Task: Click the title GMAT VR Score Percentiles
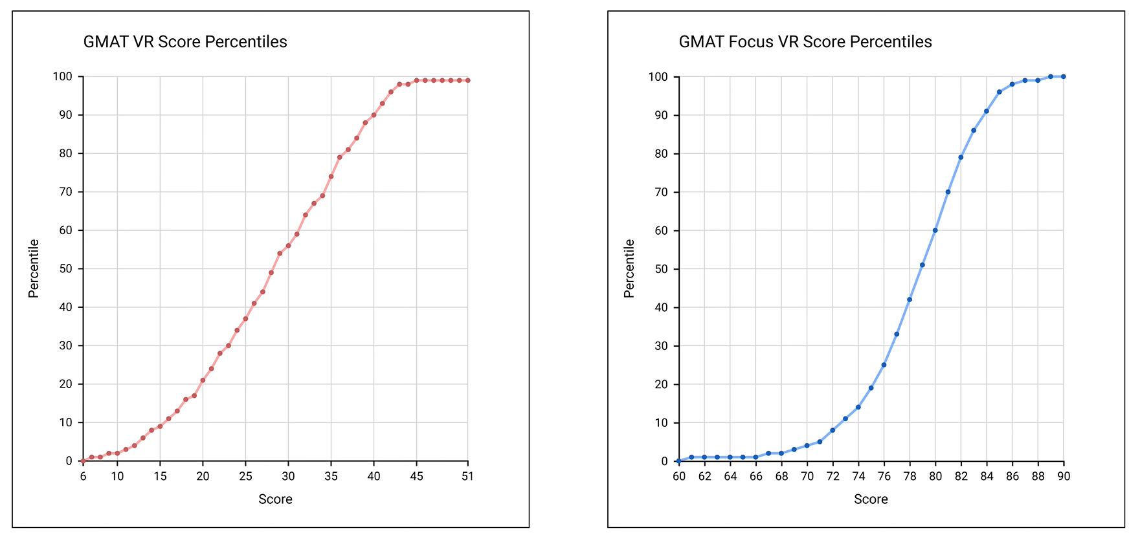185,42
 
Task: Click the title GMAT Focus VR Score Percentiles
805,42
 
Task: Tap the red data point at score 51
467,80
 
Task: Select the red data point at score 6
83,461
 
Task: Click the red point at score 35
331,176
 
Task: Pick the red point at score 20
203,380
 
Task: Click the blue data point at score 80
935,230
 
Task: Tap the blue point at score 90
1063,76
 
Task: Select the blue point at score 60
678,461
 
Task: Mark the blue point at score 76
884,365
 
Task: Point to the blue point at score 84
986,111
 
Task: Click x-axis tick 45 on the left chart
416,476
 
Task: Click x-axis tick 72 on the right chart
833,476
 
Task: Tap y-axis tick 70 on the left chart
65,192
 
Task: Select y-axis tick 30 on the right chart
661,346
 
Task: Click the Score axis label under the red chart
275,499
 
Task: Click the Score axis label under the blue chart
871,499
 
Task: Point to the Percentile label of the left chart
34,268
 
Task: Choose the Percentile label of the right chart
629,268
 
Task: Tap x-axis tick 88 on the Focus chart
1038,476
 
